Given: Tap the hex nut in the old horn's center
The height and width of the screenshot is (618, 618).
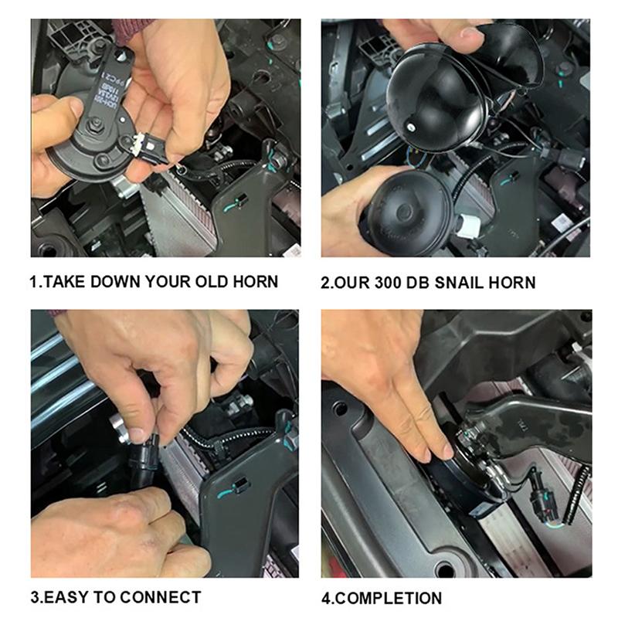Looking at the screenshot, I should point(95,124).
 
